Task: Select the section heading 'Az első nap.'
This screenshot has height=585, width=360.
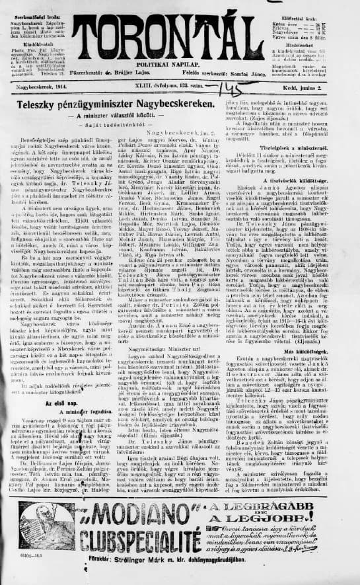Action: [62, 402]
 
